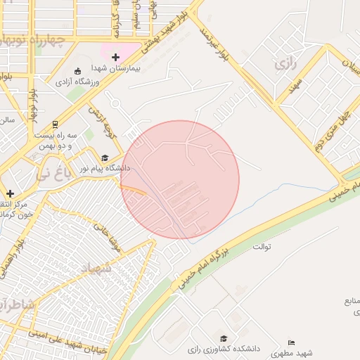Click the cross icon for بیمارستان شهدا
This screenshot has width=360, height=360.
pyautogui.click(x=116, y=56)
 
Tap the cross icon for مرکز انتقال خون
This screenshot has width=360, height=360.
pyautogui.click(x=10, y=193)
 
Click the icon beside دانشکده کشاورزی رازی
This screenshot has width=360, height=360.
pyautogui.click(x=224, y=338)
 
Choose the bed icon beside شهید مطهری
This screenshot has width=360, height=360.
pyautogui.click(x=291, y=342)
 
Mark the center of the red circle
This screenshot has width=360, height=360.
pyautogui.click(x=180, y=179)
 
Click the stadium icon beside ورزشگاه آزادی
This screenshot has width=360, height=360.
pyautogui.click(x=77, y=71)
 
